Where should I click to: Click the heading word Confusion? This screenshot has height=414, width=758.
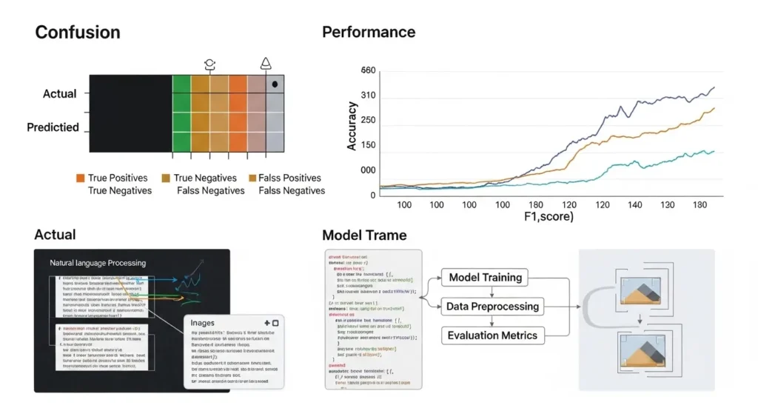point(78,33)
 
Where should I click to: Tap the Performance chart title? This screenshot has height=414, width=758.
point(369,32)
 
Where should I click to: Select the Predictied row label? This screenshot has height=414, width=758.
point(53,127)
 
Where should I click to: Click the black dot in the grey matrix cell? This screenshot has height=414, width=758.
point(275,84)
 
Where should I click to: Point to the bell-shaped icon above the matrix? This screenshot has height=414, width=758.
point(266,64)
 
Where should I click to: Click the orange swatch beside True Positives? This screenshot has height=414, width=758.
point(80,178)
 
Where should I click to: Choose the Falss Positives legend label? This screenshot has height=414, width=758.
point(289,178)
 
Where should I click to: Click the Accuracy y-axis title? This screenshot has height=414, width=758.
point(352,127)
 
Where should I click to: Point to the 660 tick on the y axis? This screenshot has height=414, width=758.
point(368,71)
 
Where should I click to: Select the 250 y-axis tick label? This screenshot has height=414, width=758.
point(367,120)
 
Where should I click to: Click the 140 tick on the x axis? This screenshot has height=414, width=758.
point(634,204)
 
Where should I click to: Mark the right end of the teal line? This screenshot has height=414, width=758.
point(714,151)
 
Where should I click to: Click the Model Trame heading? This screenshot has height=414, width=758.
point(364,236)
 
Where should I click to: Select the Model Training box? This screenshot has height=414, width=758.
point(486,278)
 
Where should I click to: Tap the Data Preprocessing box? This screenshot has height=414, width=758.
point(492,306)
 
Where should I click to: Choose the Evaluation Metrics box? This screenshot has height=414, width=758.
point(492,335)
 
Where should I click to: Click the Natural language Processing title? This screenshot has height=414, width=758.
point(98,263)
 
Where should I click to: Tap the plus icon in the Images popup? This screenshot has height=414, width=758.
point(265,324)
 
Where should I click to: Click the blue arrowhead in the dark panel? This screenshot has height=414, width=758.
point(178,280)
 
